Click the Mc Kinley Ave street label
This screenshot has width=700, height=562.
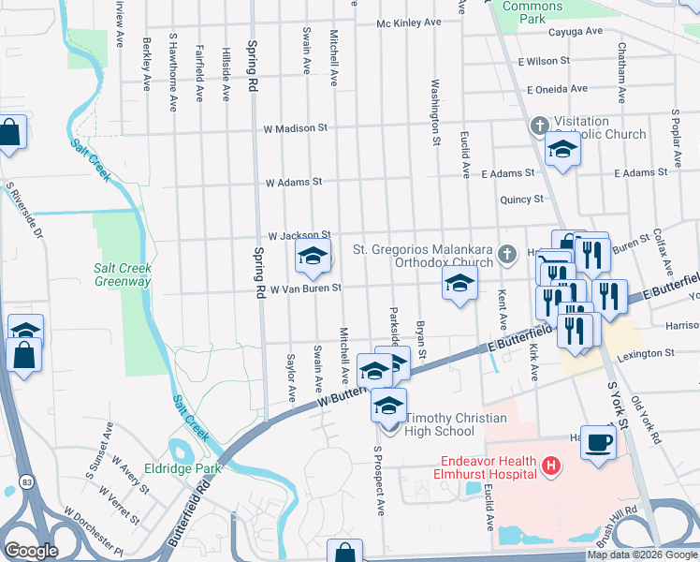(408, 22)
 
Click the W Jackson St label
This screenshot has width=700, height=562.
(299, 236)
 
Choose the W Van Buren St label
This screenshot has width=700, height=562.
(305, 290)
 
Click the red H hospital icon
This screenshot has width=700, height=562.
(552, 465)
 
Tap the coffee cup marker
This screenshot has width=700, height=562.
(598, 442)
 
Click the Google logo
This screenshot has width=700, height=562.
(32, 551)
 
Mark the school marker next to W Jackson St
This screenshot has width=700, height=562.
(314, 257)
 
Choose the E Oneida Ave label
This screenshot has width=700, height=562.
(557, 89)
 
